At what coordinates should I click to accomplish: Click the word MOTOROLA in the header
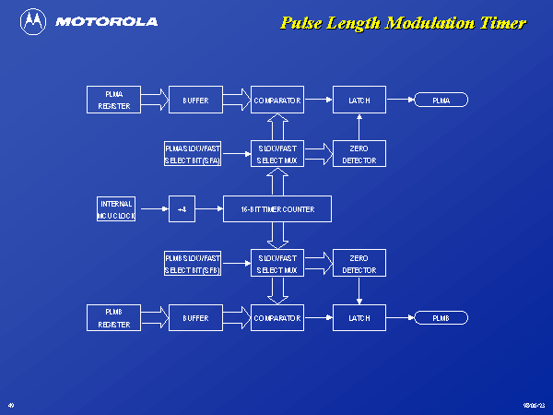coord(106,21)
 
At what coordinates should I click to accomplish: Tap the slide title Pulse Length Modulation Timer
coord(403,23)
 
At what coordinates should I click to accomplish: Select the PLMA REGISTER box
coord(114,100)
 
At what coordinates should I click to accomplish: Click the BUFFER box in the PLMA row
coord(195,100)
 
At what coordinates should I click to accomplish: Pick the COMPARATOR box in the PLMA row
coord(276,100)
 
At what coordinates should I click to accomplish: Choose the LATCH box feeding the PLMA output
coord(359,100)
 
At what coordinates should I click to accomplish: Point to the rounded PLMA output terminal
coord(441,100)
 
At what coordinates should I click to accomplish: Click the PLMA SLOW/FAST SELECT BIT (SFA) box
coord(193,154)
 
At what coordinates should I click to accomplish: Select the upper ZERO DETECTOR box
coord(359,154)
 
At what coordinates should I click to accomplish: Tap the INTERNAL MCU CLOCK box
coord(116,209)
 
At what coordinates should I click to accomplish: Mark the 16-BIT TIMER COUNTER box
coord(276,209)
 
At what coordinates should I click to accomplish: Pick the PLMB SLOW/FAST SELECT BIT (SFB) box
coord(193,264)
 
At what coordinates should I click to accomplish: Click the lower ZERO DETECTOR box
coord(359,264)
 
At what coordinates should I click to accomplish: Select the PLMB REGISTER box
coord(114,318)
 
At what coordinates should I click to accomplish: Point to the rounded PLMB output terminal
coord(441,318)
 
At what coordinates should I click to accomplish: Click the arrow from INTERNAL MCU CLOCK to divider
coord(152,209)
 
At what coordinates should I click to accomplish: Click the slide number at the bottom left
coord(11,405)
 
